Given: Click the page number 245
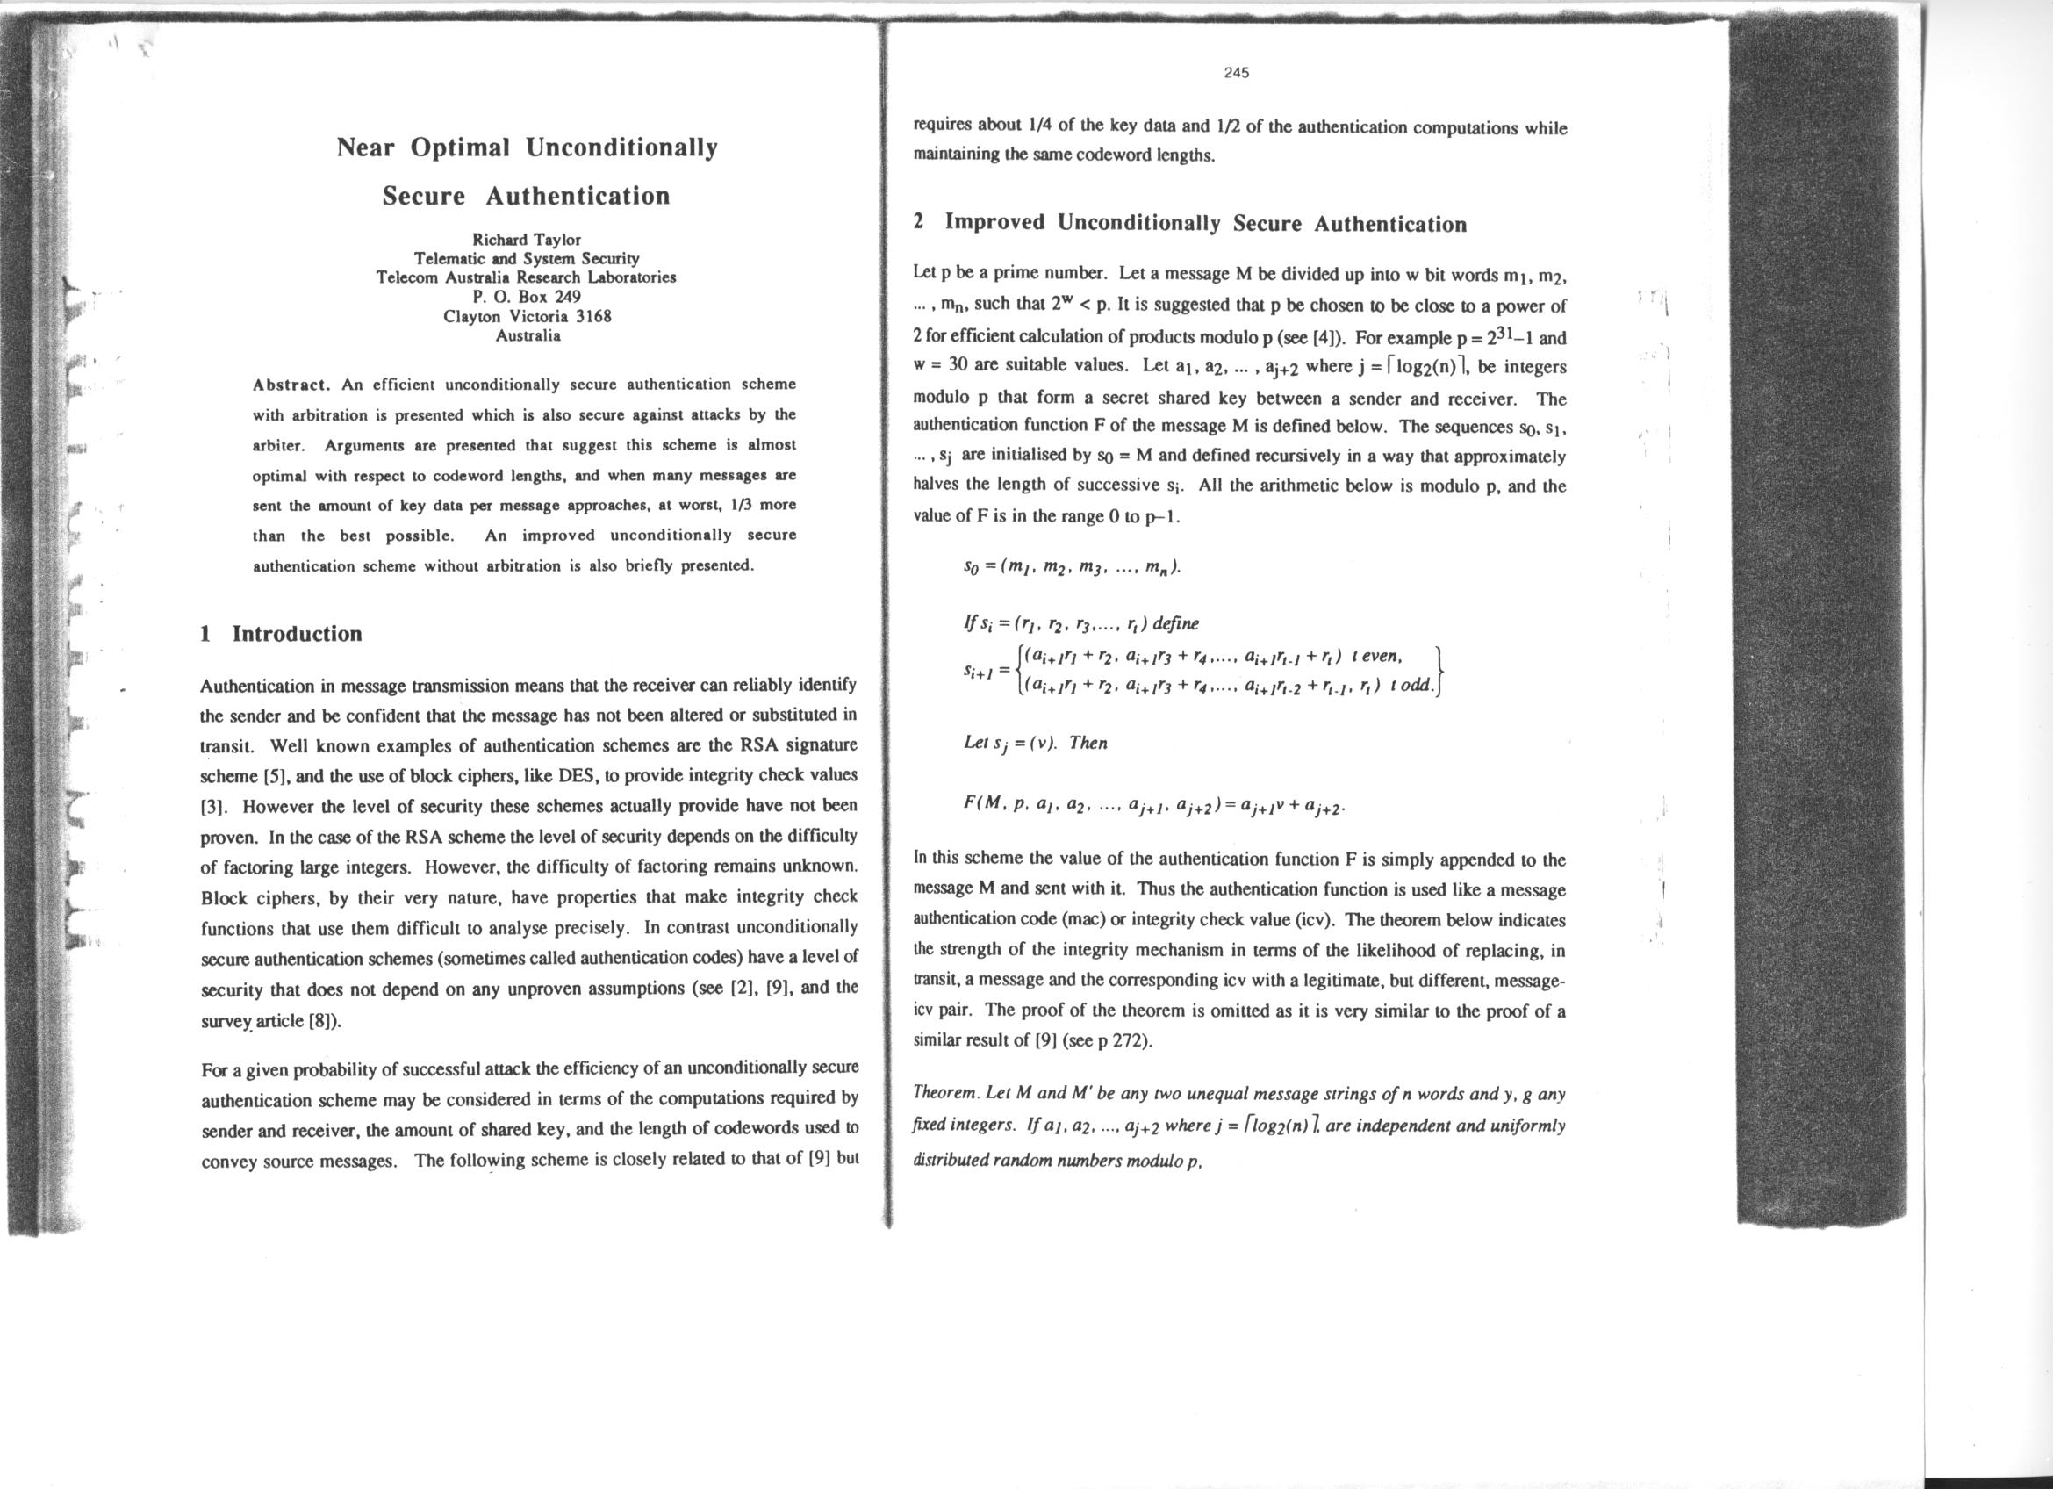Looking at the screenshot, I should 1236,72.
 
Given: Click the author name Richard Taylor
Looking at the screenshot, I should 527,240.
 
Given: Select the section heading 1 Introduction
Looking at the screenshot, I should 281,634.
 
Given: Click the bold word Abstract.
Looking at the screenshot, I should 292,385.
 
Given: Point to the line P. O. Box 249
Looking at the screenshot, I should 527,297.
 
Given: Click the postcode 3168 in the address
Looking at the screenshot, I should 594,317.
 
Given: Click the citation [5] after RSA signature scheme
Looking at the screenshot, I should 273,777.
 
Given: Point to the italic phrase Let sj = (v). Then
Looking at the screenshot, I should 1036,743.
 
